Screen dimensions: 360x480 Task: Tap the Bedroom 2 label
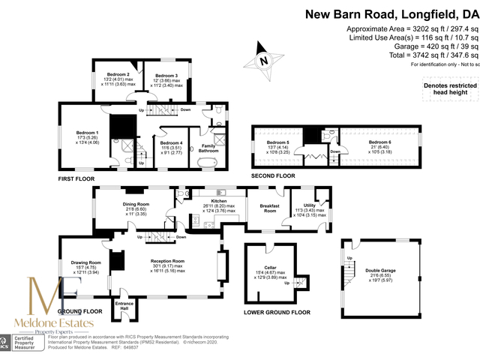tap(118, 75)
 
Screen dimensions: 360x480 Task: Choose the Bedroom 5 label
tap(277, 142)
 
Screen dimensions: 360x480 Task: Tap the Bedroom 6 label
tap(379, 142)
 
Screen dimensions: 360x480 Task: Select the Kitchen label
tap(218, 201)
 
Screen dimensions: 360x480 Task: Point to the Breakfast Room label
tap(268, 208)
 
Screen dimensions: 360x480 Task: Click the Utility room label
tap(310, 205)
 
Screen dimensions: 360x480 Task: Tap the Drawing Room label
tap(85, 262)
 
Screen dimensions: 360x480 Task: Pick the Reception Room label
tap(166, 259)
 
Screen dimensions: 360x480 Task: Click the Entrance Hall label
tap(124, 307)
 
